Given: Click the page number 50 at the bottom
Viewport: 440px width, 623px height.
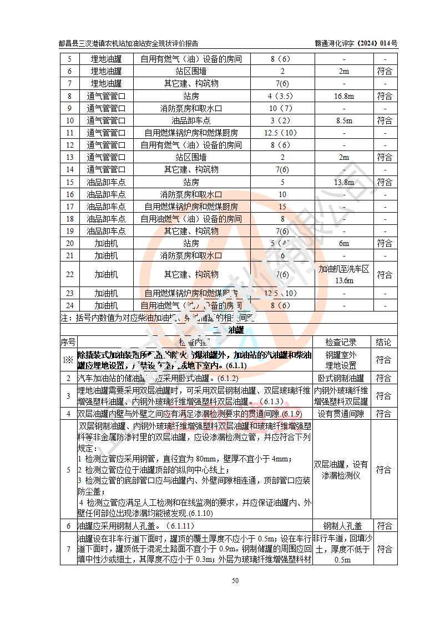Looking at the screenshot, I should pyautogui.click(x=235, y=581).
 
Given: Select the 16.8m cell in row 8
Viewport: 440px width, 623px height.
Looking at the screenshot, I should pyautogui.click(x=344, y=96).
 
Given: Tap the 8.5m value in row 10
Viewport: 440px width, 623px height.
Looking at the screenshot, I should pyautogui.click(x=344, y=120).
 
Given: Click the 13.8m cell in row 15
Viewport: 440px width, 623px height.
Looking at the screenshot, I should pyautogui.click(x=344, y=182).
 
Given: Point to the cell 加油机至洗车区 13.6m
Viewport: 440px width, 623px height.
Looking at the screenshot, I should pyautogui.click(x=344, y=274).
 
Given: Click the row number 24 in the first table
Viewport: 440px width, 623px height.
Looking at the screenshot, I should pyautogui.click(x=70, y=305).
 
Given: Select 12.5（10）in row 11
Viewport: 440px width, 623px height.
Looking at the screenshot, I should pyautogui.click(x=282, y=133).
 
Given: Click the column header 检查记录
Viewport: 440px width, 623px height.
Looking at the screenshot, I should pyautogui.click(x=341, y=343).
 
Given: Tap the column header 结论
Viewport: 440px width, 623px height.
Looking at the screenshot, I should pyautogui.click(x=384, y=343).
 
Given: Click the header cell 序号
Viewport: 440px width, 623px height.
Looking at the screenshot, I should pyautogui.click(x=68, y=343).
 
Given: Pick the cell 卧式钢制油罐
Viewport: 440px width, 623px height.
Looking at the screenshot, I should pyautogui.click(x=341, y=378).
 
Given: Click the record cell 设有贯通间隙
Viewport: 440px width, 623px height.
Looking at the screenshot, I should pyautogui.click(x=341, y=414).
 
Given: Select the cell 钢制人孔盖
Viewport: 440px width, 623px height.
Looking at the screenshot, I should pyautogui.click(x=341, y=525).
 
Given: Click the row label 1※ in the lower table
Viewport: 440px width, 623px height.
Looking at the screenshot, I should pyautogui.click(x=68, y=360).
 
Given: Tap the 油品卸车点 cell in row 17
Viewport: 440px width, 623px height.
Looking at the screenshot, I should pyautogui.click(x=106, y=207).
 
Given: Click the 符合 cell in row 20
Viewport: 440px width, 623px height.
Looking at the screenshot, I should pyautogui.click(x=384, y=243).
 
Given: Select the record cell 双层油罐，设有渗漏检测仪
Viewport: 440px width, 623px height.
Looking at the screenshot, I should pyautogui.click(x=341, y=470).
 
